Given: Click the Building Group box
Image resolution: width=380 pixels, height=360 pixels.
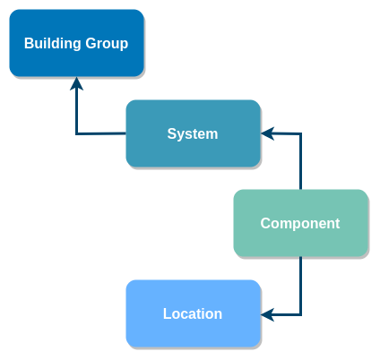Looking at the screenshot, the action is (77, 43).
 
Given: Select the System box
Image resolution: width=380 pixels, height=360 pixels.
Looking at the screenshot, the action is (193, 133).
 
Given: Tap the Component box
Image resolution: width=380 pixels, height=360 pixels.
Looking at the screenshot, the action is (300, 223).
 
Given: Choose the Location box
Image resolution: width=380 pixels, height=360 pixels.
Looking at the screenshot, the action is (193, 313).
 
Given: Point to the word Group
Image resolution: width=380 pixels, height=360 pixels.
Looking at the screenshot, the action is (107, 44).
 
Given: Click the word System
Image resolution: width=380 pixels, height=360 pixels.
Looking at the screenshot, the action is (193, 133).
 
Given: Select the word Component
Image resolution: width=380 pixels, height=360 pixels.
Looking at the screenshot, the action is (300, 224).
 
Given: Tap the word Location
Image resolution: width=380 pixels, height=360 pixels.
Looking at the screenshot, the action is (193, 313).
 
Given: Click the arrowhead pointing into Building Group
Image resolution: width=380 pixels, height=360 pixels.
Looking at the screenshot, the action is (76, 83).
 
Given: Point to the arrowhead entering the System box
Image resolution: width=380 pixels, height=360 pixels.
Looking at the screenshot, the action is (267, 133).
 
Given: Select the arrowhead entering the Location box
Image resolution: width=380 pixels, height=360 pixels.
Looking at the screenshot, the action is (267, 314).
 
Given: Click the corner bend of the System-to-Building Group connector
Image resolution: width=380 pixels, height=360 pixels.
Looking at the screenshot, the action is (76, 134).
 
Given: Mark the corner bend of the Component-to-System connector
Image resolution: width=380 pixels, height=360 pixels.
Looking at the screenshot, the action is (300, 133).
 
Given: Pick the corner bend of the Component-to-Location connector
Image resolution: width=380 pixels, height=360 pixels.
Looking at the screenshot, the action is (300, 314).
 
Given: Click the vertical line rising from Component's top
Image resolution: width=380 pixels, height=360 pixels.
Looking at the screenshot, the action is (300, 161).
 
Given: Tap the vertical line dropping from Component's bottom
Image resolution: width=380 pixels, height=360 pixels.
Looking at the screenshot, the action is (300, 286).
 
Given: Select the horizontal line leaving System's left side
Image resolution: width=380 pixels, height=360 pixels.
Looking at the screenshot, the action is (101, 133).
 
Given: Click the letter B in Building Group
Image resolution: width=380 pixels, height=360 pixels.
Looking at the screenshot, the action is (29, 43).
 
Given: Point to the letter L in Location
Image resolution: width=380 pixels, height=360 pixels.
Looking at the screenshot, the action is (167, 313).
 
